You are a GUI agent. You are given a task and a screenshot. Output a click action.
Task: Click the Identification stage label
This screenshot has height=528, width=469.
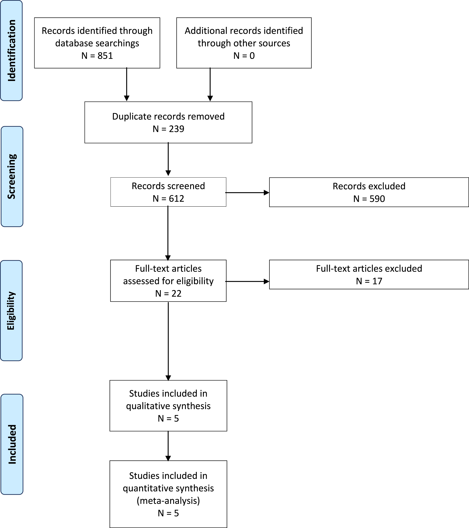pyautogui.click(x=12, y=51)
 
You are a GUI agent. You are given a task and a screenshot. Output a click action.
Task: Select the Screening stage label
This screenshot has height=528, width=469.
pyautogui.click(x=12, y=176)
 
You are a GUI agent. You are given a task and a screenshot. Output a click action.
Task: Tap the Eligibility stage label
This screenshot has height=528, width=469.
pyautogui.click(x=11, y=311)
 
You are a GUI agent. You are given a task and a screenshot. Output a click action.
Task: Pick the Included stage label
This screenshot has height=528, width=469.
pyautogui.click(x=12, y=444)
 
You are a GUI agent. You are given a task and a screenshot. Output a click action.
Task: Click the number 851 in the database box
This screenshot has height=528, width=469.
pyautogui.click(x=105, y=56)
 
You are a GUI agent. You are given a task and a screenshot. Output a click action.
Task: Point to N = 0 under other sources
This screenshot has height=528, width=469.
pyautogui.click(x=244, y=56)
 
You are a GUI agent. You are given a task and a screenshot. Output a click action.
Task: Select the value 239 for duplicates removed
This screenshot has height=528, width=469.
pyautogui.click(x=177, y=129)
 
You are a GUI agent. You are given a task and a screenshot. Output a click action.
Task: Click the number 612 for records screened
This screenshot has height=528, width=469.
pyautogui.click(x=177, y=198)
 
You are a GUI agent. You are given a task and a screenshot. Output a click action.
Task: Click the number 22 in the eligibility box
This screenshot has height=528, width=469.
pyautogui.click(x=176, y=293)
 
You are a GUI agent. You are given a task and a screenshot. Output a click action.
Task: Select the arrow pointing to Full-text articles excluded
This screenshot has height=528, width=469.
pyautogui.click(x=247, y=281)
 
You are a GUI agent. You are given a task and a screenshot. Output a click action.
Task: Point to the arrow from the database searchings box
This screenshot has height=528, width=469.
pyautogui.click(x=127, y=84)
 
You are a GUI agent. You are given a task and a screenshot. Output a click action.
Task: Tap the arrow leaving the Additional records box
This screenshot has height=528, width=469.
pyautogui.click(x=210, y=84)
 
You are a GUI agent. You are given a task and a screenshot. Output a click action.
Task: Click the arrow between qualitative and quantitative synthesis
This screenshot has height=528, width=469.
pyautogui.click(x=168, y=446)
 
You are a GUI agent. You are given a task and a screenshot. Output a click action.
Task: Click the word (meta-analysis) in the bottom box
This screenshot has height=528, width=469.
pyautogui.click(x=168, y=501)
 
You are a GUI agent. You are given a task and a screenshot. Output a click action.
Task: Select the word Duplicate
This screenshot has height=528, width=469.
pyautogui.click(x=132, y=117)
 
